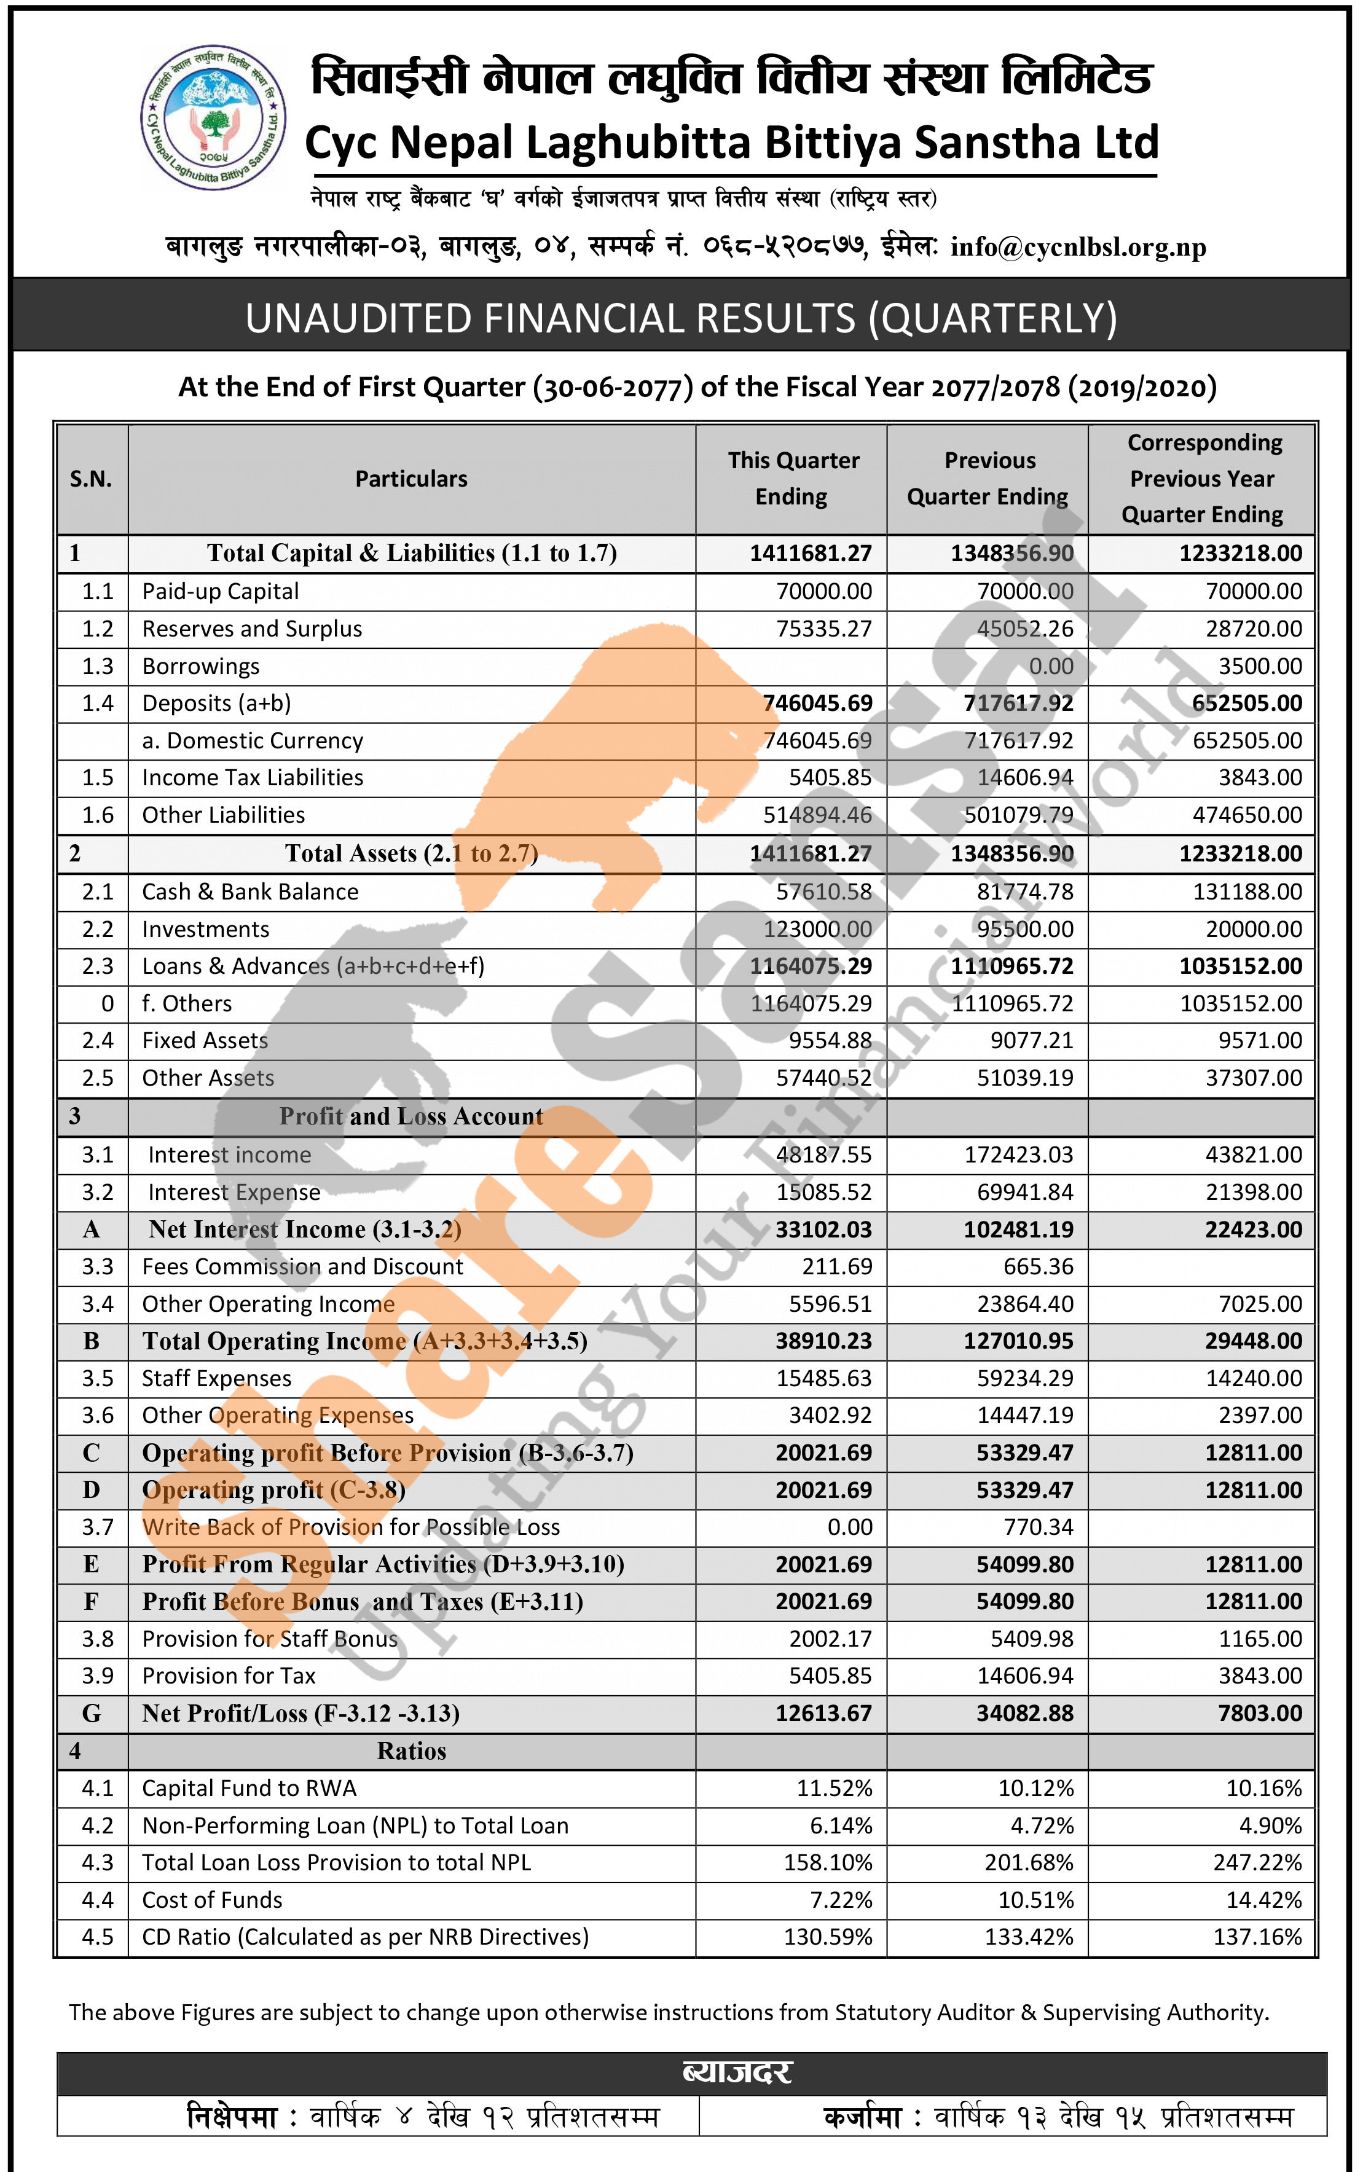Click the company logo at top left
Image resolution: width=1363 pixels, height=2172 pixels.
click(x=214, y=117)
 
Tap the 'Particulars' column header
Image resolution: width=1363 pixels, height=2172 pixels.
click(x=411, y=479)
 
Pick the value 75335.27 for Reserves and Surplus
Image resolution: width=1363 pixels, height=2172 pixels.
click(x=824, y=629)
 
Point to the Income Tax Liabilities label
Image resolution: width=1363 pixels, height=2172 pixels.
click(x=253, y=778)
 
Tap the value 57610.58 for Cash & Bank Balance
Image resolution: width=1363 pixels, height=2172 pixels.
click(x=824, y=892)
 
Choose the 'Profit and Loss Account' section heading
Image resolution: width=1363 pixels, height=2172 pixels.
click(x=411, y=1116)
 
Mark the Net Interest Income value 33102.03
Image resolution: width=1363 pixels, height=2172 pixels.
click(x=824, y=1229)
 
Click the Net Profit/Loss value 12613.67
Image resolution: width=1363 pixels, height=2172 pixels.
click(x=824, y=1713)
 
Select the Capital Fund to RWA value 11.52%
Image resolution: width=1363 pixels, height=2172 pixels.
click(x=834, y=1788)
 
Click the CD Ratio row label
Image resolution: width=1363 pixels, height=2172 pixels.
click(x=365, y=1937)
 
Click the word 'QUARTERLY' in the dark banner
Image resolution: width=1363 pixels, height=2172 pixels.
click(x=992, y=318)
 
